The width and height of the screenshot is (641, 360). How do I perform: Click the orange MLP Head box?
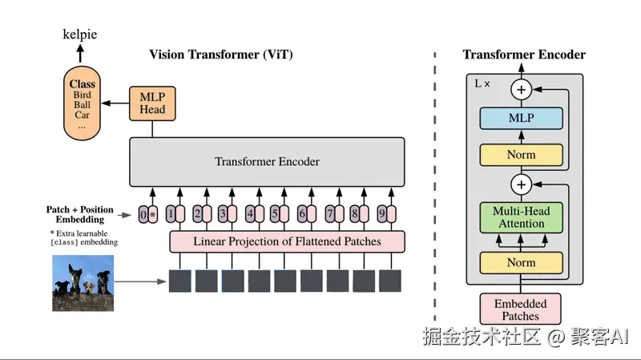[x=152, y=103]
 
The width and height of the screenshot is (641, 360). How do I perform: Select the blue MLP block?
[x=522, y=118]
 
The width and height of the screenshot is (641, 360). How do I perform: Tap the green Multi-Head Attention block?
[x=522, y=217]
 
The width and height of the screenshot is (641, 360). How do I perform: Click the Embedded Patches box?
[x=520, y=309]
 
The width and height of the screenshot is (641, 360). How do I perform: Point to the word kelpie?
[x=79, y=34]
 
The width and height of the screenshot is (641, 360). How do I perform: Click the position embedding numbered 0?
[x=143, y=214]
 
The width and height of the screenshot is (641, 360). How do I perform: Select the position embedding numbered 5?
[x=275, y=213]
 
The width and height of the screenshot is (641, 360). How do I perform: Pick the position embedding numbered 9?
[x=382, y=213]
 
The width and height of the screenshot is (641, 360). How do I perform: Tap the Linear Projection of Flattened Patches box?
[x=287, y=241]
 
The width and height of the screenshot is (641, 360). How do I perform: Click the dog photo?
[x=83, y=283]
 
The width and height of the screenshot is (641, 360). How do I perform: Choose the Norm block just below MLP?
[x=522, y=155]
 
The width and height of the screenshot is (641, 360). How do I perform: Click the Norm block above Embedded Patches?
[x=522, y=263]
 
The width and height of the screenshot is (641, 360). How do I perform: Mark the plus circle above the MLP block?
[x=522, y=90]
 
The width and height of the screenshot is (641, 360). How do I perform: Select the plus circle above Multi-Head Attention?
[x=522, y=184]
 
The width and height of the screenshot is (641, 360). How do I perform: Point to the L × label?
[x=482, y=84]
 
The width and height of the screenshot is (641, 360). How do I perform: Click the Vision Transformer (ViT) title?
[x=221, y=55]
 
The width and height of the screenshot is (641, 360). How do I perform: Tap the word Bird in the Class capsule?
[x=83, y=95]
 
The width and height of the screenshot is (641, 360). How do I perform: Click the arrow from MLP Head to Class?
[x=115, y=103]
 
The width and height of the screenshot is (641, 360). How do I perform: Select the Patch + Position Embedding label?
[x=79, y=214]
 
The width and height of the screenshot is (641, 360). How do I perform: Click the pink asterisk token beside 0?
[x=153, y=214]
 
